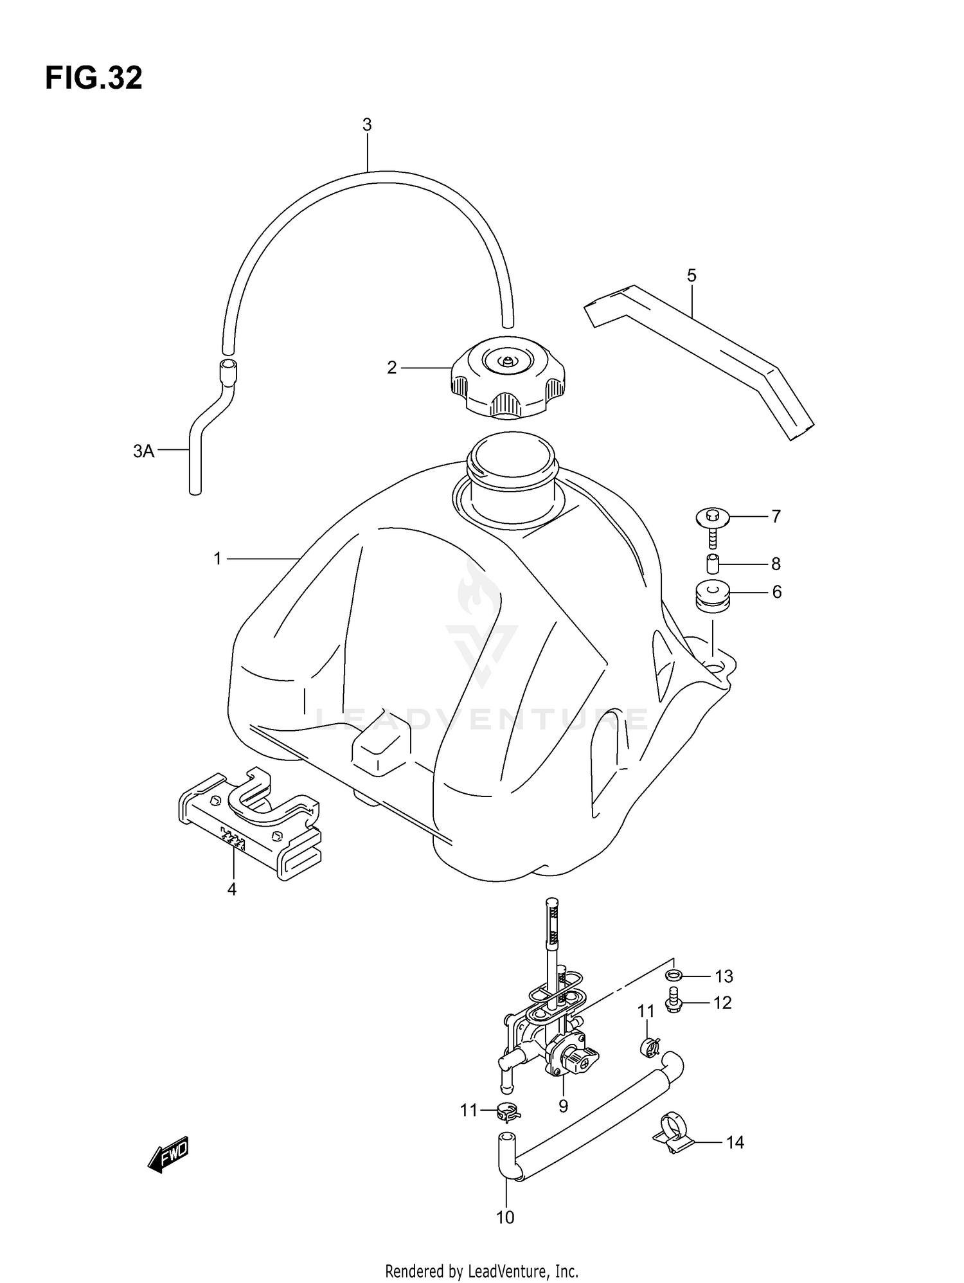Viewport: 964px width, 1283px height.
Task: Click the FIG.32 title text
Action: [x=94, y=78]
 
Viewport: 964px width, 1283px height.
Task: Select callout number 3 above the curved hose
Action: [x=367, y=125]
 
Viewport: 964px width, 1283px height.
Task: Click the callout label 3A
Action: [x=143, y=451]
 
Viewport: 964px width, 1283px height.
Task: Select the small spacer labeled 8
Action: [x=712, y=563]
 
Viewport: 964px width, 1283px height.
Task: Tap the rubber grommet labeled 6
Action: [x=712, y=595]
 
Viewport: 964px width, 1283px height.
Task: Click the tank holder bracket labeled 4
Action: [x=251, y=820]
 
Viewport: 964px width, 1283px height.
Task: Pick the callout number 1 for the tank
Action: [x=217, y=559]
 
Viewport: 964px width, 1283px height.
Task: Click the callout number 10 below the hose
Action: [x=505, y=1217]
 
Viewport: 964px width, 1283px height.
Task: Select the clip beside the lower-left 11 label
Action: [x=508, y=1110]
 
